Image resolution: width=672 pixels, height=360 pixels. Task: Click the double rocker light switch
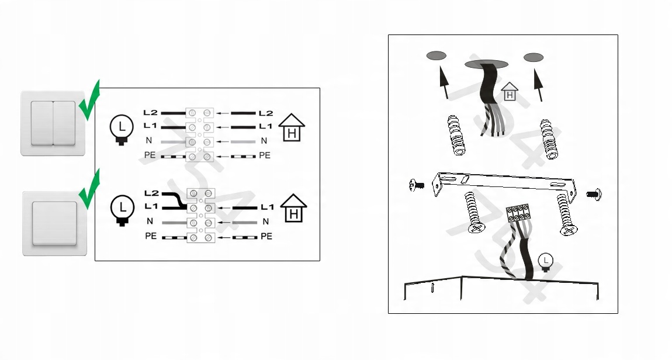tap(53, 123)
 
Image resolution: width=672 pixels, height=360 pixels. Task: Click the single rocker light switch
tap(54, 223)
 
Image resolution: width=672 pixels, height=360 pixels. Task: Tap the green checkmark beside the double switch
tap(89, 101)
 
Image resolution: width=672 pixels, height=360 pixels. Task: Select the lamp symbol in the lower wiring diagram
tap(122, 210)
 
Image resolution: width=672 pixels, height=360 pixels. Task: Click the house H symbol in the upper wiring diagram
tap(292, 127)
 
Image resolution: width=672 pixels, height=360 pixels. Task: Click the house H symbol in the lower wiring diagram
tap(293, 208)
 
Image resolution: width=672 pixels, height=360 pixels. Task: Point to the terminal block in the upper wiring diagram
tap(199, 135)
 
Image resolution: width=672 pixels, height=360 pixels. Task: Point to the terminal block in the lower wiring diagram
tap(200, 216)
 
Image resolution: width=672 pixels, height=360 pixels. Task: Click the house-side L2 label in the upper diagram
tap(266, 113)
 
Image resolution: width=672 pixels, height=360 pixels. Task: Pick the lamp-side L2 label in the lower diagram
tap(151, 193)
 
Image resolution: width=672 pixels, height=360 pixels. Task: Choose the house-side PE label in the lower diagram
tap(266, 236)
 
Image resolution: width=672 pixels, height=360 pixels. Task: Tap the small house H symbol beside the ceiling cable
tap(510, 92)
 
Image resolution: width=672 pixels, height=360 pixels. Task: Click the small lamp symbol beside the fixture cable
tap(545, 262)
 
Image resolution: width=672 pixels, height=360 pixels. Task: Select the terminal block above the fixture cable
tap(518, 213)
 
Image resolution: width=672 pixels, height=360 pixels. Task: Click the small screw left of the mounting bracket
tap(417, 185)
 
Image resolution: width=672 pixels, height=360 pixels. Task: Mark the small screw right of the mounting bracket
tap(594, 194)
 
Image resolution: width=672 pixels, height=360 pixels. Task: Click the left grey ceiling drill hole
tap(437, 56)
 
